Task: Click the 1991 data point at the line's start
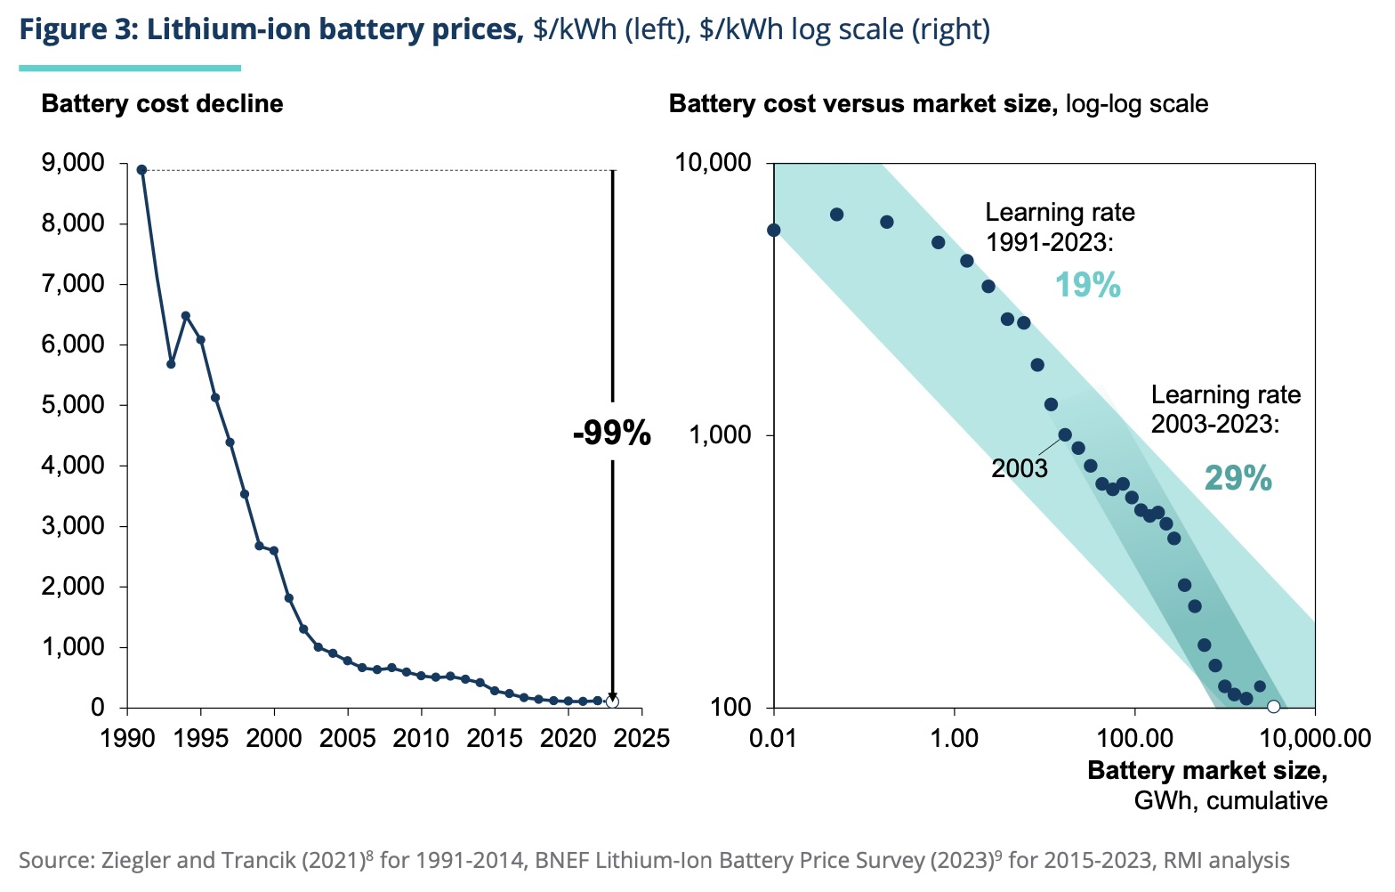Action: [141, 170]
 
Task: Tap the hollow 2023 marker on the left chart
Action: [612, 701]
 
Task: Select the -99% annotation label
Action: [612, 434]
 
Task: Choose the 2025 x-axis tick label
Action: [641, 738]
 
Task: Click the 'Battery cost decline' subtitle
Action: [162, 104]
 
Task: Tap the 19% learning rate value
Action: [1087, 285]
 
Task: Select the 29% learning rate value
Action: [1238, 479]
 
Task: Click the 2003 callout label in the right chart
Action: [1020, 468]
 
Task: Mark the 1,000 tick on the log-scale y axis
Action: [720, 435]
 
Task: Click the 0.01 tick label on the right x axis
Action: [774, 738]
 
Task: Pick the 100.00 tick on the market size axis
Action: [1134, 738]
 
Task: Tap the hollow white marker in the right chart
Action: [1273, 707]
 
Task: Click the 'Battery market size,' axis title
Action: [1207, 770]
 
